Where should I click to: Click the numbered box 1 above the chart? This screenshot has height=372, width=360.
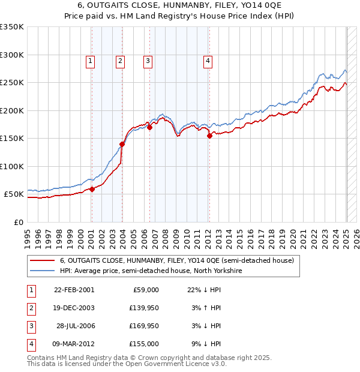click(90, 60)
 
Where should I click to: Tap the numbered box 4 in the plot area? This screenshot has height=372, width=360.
click(208, 60)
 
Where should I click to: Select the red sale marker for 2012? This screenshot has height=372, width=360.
click(209, 136)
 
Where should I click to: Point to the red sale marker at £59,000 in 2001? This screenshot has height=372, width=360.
click(92, 190)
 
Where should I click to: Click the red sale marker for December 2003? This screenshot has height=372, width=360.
click(122, 144)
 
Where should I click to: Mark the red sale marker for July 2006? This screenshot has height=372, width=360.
click(149, 127)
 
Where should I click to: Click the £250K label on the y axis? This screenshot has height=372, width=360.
click(12, 83)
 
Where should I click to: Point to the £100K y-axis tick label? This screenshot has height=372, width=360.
click(12, 166)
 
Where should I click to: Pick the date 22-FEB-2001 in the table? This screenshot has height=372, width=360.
click(74, 290)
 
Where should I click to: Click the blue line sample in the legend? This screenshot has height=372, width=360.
click(43, 271)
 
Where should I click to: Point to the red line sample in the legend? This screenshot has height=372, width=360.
click(43, 260)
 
